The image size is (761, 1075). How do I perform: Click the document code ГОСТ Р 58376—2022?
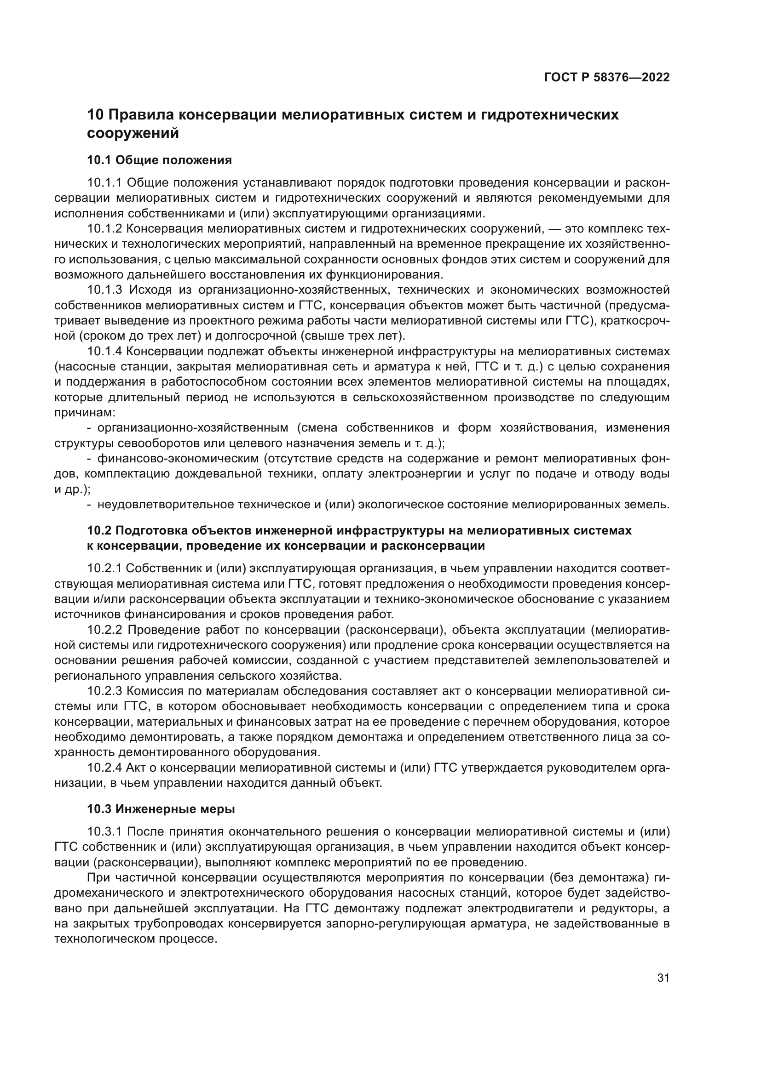coord(606,78)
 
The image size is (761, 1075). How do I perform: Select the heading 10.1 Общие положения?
coord(159,160)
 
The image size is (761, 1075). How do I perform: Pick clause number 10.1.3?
coord(106,290)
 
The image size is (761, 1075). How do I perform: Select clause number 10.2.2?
coord(105,630)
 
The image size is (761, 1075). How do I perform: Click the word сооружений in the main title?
coord(133,133)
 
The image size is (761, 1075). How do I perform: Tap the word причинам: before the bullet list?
coord(85,413)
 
